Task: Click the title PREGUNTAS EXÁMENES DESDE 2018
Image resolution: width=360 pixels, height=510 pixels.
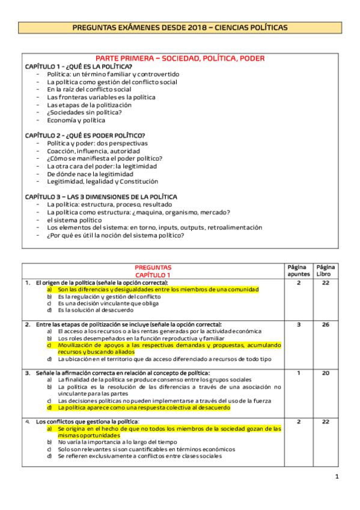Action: (x=180, y=28)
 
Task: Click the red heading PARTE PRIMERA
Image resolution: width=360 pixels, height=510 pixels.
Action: (x=180, y=58)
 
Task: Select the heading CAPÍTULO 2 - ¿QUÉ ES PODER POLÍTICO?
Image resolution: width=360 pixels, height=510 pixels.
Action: (x=85, y=135)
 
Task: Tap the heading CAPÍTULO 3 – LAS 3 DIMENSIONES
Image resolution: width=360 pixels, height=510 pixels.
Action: (x=101, y=197)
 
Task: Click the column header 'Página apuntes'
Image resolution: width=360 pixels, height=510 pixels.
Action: (x=299, y=271)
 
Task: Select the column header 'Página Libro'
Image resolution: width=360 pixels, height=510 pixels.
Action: (x=326, y=271)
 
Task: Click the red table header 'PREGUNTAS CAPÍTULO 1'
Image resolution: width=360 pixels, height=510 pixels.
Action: (x=153, y=271)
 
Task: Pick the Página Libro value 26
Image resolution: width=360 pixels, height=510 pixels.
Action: (x=326, y=325)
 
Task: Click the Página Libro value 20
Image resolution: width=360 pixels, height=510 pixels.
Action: (x=326, y=373)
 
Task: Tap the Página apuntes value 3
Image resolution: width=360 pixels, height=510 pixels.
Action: (x=299, y=325)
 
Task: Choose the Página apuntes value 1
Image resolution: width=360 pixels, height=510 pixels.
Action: (x=299, y=373)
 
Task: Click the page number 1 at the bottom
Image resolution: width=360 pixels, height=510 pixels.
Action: (x=337, y=477)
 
